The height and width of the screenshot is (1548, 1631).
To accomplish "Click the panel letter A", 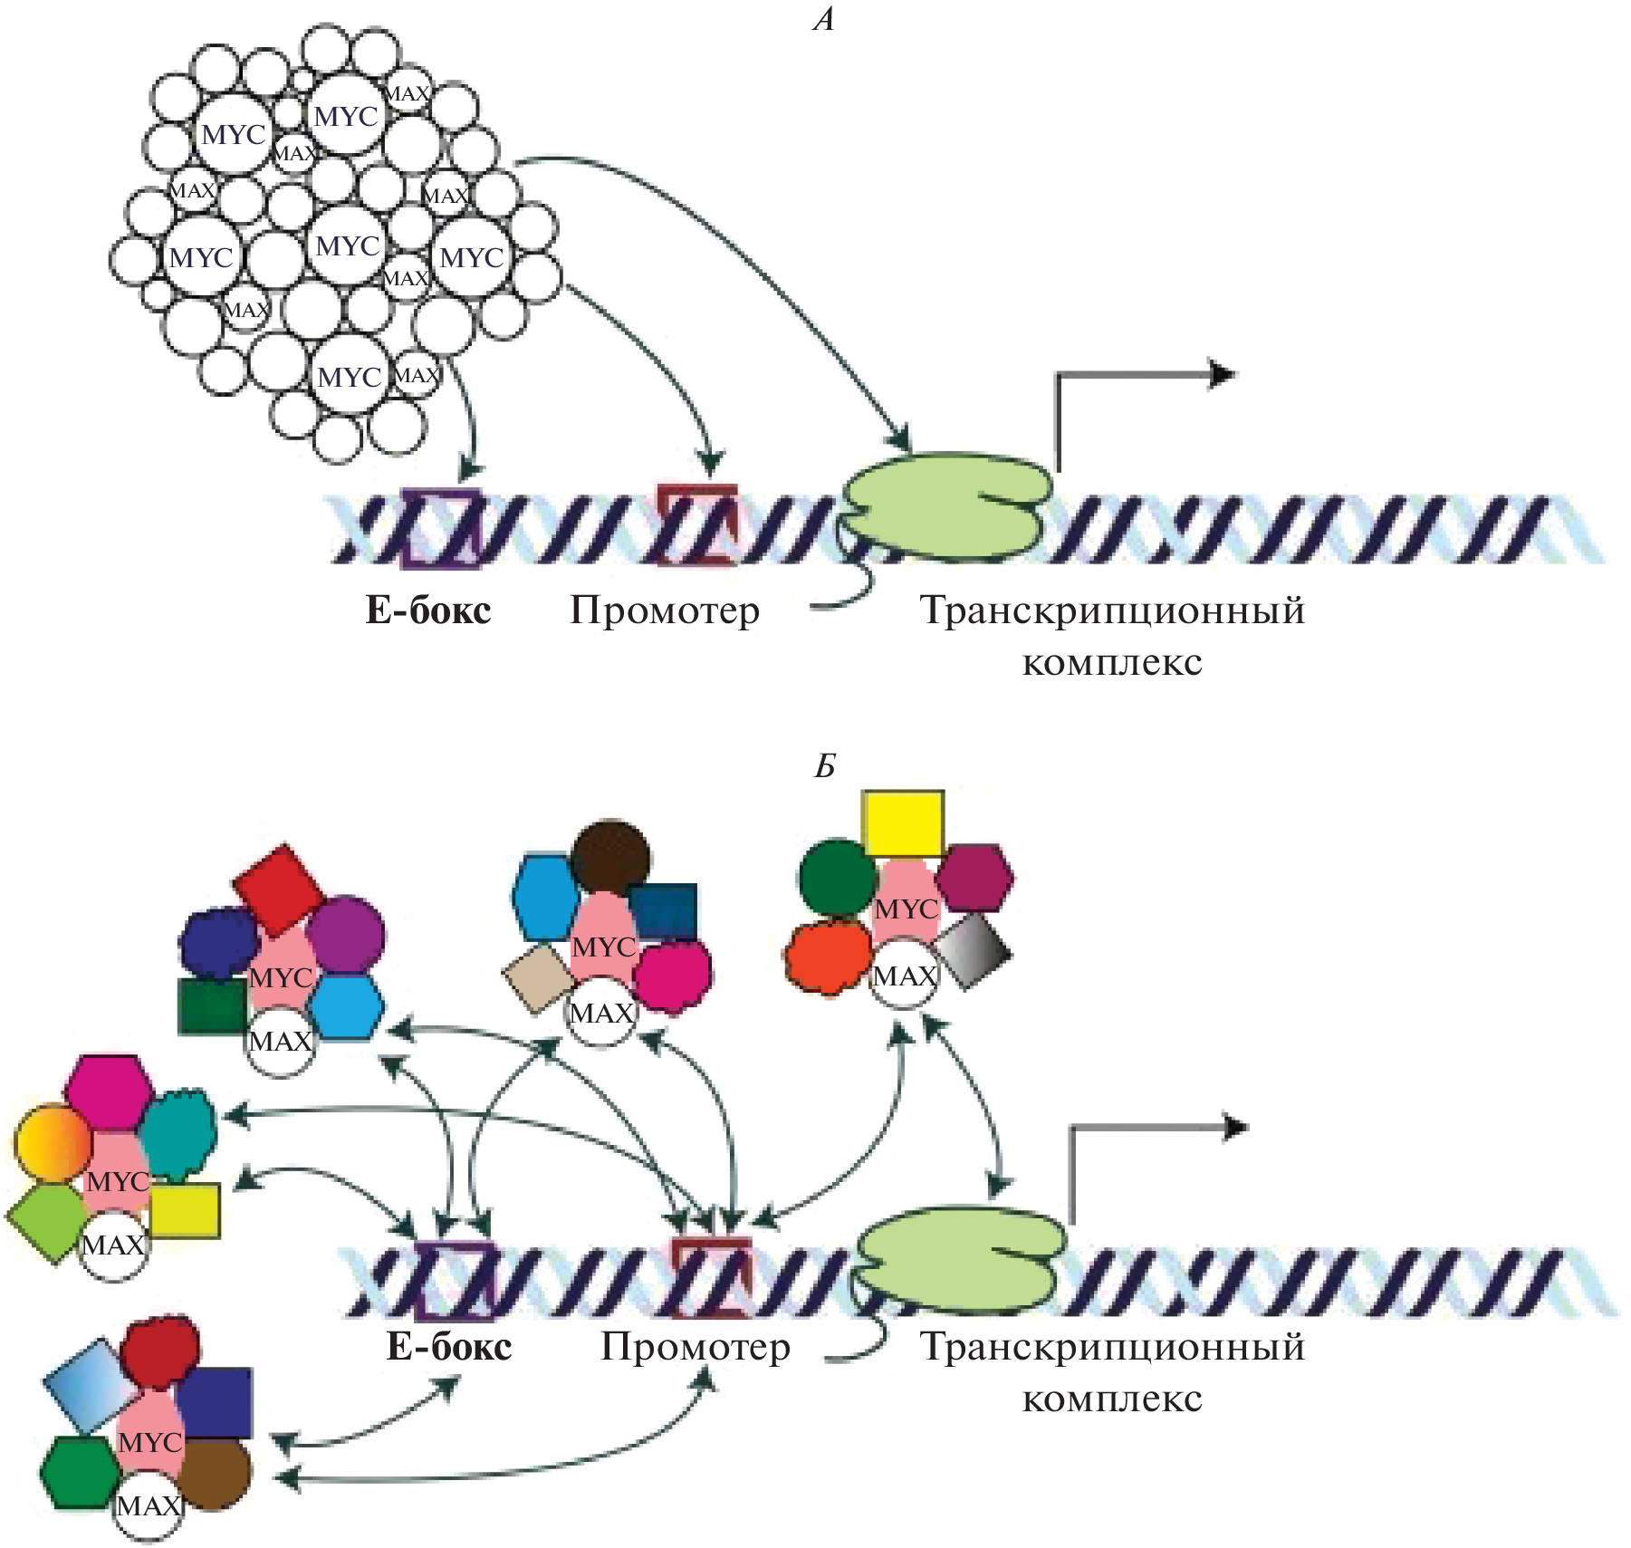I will click(x=823, y=19).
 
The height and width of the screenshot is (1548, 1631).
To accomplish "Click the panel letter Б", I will click(x=824, y=766).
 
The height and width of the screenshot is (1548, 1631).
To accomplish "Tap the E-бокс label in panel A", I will click(x=428, y=611).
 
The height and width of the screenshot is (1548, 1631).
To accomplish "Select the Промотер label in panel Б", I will click(x=696, y=1347).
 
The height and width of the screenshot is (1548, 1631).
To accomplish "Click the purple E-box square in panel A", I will click(x=441, y=528).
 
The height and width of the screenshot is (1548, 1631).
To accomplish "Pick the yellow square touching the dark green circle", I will click(x=903, y=823).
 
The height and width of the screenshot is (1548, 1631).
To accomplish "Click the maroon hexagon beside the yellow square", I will click(x=974, y=877).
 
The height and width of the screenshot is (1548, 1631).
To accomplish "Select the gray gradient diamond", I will click(x=973, y=950).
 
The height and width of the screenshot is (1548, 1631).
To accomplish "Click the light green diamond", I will click(x=47, y=1221).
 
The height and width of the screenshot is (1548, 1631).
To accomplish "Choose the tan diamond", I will click(x=538, y=977).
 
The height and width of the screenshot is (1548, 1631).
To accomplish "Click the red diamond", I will click(x=278, y=889).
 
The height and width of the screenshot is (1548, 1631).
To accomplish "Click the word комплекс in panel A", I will click(x=1112, y=662).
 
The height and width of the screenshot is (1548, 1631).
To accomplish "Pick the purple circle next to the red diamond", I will click(x=345, y=934).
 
